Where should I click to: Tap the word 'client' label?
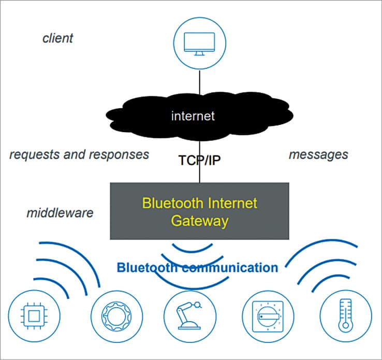[x=57, y=38]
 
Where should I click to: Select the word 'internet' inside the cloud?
[x=193, y=116]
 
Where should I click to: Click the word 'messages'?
[x=318, y=154]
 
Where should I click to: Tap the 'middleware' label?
[x=60, y=213]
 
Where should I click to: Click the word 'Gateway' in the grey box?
[x=200, y=221]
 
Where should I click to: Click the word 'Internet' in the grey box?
[x=230, y=203]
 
